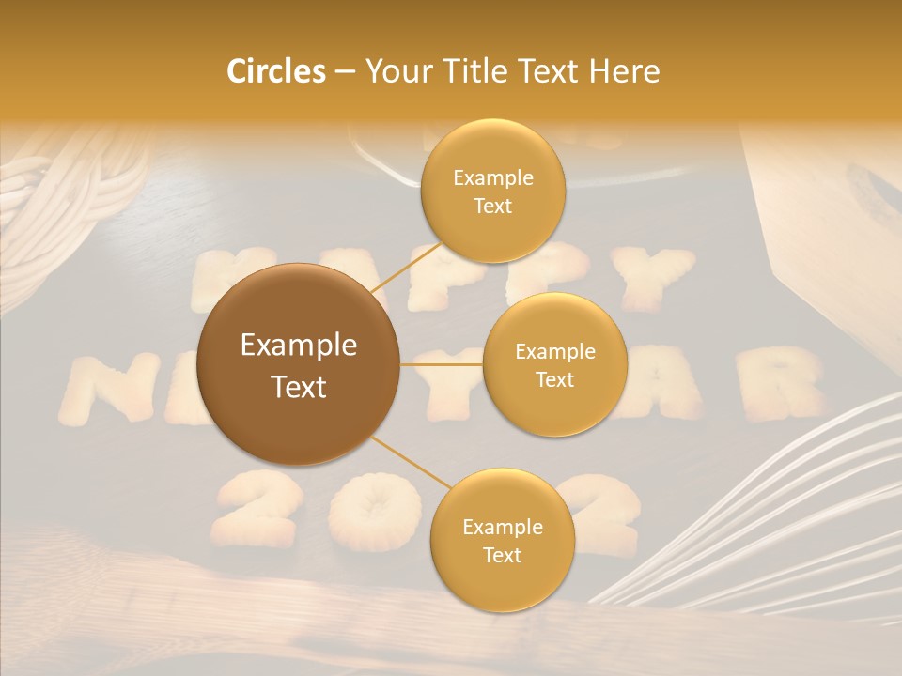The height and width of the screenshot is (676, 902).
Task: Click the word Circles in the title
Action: (275, 71)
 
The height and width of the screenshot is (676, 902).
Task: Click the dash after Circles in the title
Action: (345, 72)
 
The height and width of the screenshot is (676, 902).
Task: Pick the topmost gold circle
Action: (492, 192)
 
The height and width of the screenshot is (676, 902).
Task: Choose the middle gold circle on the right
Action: (554, 365)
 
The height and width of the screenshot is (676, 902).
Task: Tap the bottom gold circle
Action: (502, 541)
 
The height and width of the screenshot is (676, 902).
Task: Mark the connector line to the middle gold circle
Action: (442, 364)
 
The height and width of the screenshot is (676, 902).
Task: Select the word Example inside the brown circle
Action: (298, 346)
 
